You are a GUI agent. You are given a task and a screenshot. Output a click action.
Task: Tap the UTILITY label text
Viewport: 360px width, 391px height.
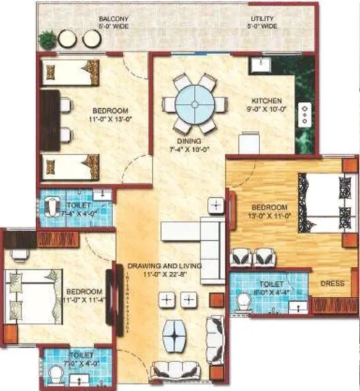(263, 19)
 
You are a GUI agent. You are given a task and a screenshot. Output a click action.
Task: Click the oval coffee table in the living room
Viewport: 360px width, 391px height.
(177, 334)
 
